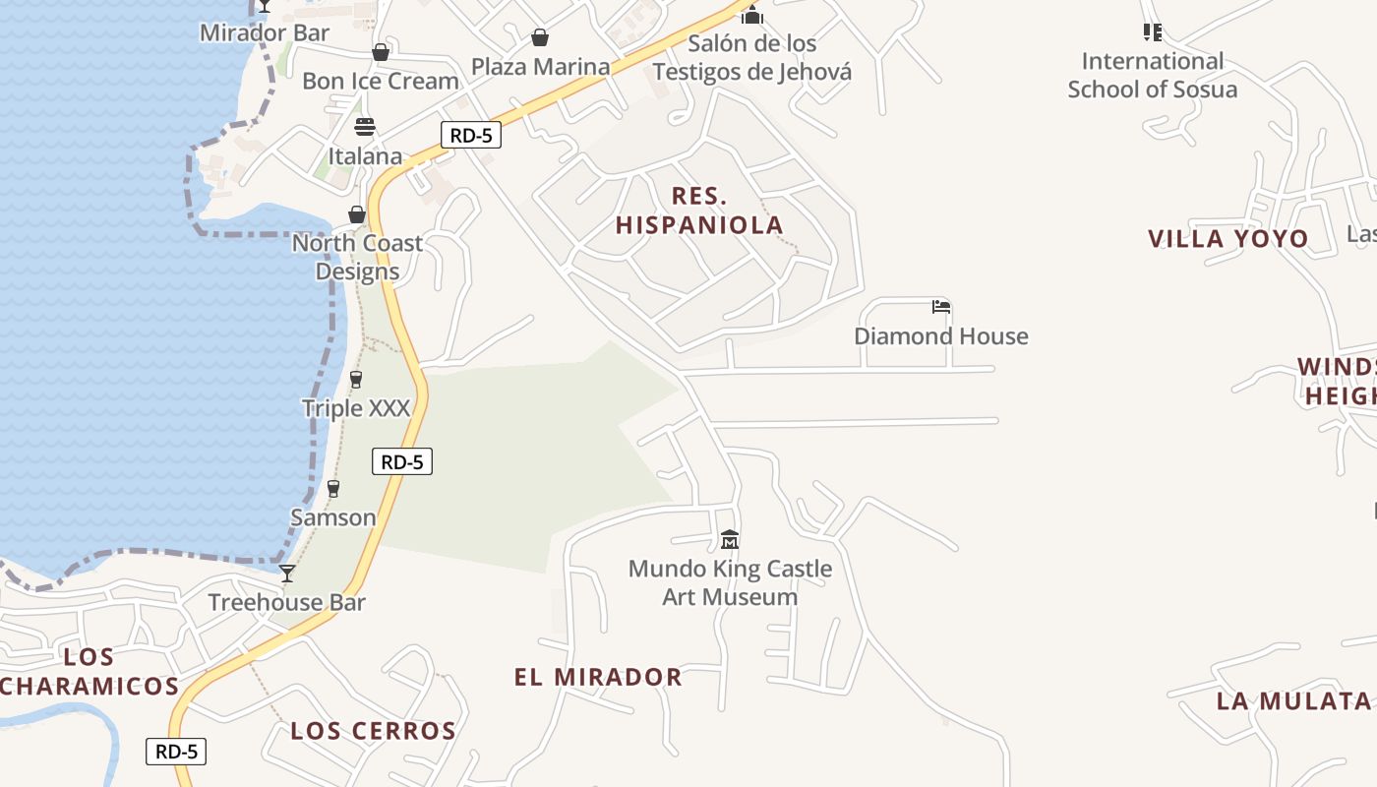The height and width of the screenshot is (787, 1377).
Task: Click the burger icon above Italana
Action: pyautogui.click(x=365, y=127)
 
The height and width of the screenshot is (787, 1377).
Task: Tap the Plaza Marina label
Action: pyautogui.click(x=540, y=67)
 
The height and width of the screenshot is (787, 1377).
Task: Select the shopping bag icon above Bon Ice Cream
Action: pyautogui.click(x=381, y=52)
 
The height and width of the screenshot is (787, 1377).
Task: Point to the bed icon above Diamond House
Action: pyautogui.click(x=941, y=307)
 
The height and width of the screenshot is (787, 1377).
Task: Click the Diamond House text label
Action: pyautogui.click(x=941, y=336)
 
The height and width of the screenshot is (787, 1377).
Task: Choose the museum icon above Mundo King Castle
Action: pyautogui.click(x=730, y=540)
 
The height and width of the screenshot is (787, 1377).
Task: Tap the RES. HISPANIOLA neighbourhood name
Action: pyautogui.click(x=699, y=211)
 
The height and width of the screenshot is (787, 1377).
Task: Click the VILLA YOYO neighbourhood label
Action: pyautogui.click(x=1228, y=239)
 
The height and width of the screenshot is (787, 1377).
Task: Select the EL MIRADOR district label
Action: pyautogui.click(x=598, y=677)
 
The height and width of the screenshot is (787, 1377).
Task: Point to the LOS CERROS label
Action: pyautogui.click(x=374, y=731)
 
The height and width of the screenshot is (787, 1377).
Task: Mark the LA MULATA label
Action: pyautogui.click(x=1293, y=701)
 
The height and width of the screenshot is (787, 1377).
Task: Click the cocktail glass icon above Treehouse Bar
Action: pyautogui.click(x=287, y=574)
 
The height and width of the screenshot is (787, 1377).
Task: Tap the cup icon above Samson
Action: pyautogui.click(x=333, y=489)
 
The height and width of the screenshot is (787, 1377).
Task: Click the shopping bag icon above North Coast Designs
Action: pyautogui.click(x=357, y=214)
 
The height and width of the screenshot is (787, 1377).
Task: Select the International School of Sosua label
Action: pyautogui.click(x=1153, y=76)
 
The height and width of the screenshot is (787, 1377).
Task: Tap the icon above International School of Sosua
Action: pyautogui.click(x=1153, y=32)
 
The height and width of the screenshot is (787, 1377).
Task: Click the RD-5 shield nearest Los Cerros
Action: pyautogui.click(x=177, y=752)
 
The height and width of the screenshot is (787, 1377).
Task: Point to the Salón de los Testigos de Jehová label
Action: pyautogui.click(x=752, y=58)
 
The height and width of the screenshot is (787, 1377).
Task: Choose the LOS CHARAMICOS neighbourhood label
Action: pyautogui.click(x=90, y=672)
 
